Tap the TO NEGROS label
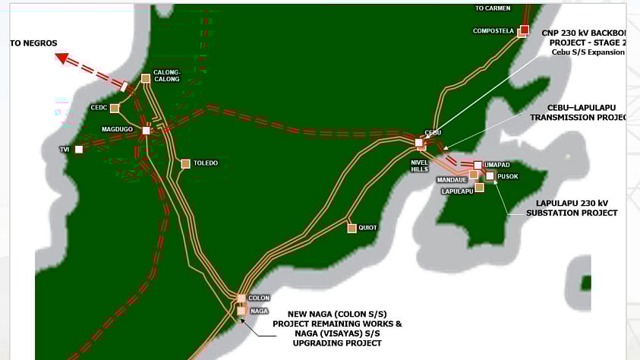pyautogui.click(x=33, y=43)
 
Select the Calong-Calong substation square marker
pyautogui.click(x=146, y=78)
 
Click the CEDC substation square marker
pyautogui.click(x=115, y=108)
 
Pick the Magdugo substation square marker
pyautogui.click(x=146, y=130)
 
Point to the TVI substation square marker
pyautogui.click(x=78, y=150)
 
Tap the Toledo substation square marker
pyautogui.click(x=185, y=163)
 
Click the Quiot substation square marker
pyautogui.click(x=352, y=228)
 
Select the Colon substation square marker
pyautogui.click(x=241, y=298)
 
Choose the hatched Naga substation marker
pyautogui.click(x=241, y=311)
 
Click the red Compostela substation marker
pyautogui.click(x=524, y=30)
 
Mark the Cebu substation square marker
pyautogui.click(x=419, y=142)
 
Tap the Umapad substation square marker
pyautogui.click(x=477, y=165)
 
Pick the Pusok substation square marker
pyautogui.click(x=490, y=175)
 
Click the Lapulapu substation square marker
pyautogui.click(x=479, y=187)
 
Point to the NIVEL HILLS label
pyautogui.click(x=420, y=165)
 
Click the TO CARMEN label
pyautogui.click(x=493, y=8)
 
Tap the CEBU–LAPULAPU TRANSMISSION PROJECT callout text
pyautogui.click(x=577, y=113)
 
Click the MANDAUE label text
pyautogui.click(x=452, y=180)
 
